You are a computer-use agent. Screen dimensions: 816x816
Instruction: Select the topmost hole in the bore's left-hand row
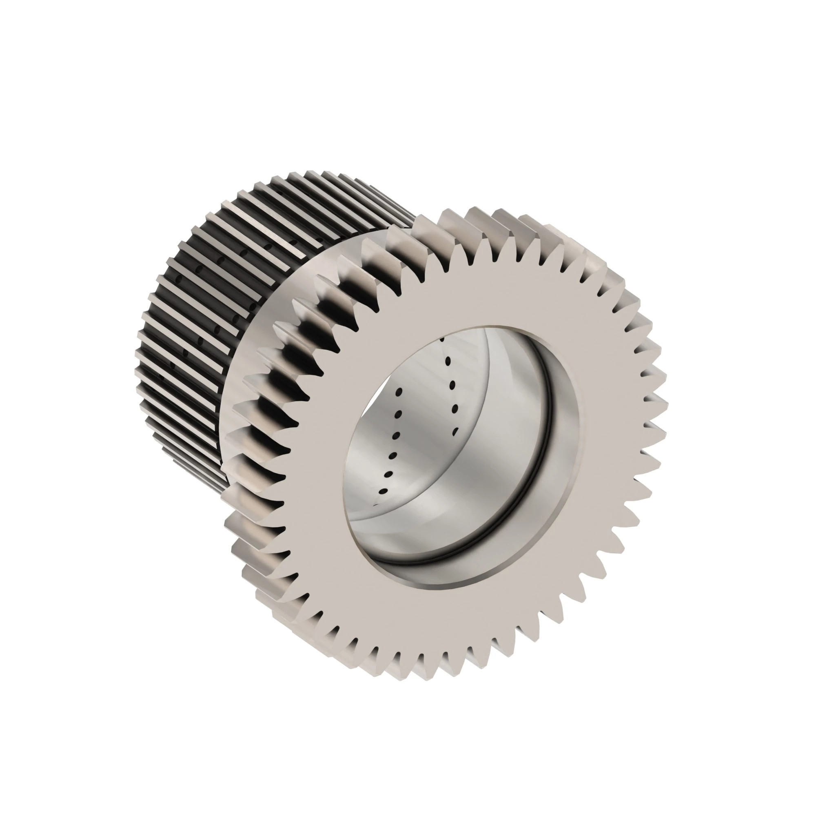point(398,393)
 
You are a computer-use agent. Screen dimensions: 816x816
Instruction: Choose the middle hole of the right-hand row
point(453,385)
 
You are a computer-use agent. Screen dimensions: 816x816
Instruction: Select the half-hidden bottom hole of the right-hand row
point(455,432)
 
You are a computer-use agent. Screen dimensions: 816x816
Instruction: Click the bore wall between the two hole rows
point(424,422)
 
